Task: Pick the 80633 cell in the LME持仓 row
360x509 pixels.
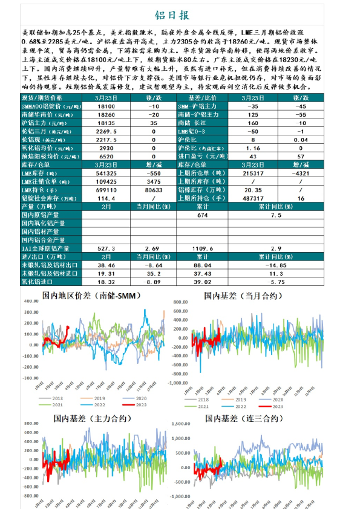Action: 154,190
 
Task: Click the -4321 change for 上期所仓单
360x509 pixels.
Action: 301,173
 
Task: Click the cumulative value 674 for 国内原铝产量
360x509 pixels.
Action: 203,215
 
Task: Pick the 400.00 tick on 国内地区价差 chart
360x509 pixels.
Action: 31,300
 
